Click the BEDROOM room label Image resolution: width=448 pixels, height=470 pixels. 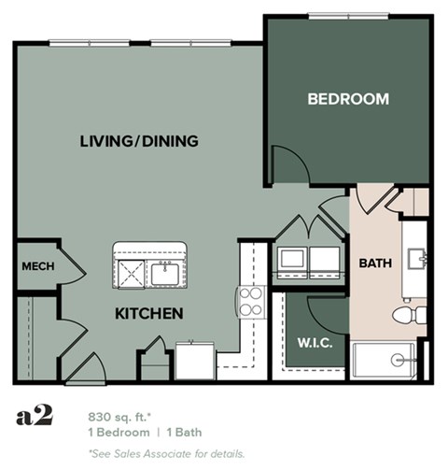pyautogui.click(x=348, y=99)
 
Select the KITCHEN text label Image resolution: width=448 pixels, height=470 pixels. pyautogui.click(x=148, y=313)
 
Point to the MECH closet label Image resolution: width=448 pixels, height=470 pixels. pyautogui.click(x=37, y=266)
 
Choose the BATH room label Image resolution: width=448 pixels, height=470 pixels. pyautogui.click(x=375, y=263)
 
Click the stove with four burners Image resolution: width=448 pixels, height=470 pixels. pyautogui.click(x=251, y=301)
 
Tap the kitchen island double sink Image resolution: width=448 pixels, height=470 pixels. pyautogui.click(x=151, y=273)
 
